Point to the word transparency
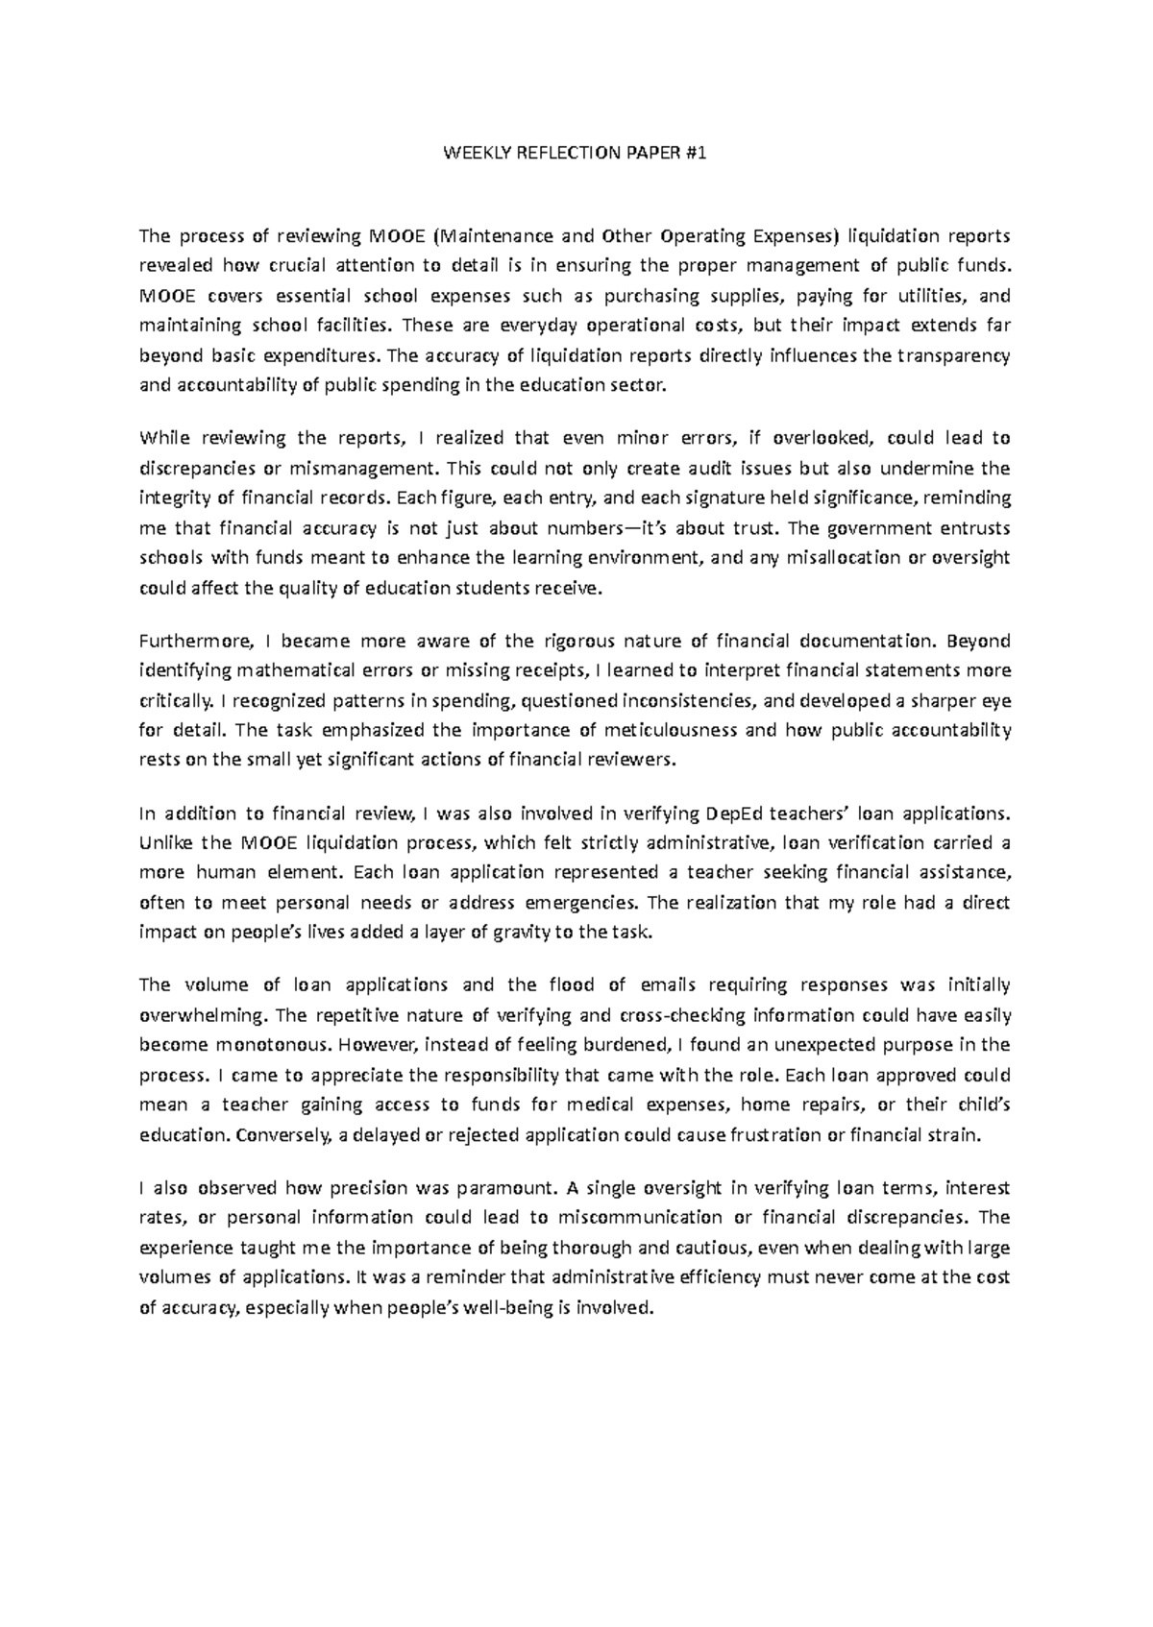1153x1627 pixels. click(953, 355)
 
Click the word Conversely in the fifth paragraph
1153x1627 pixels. click(283, 1134)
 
